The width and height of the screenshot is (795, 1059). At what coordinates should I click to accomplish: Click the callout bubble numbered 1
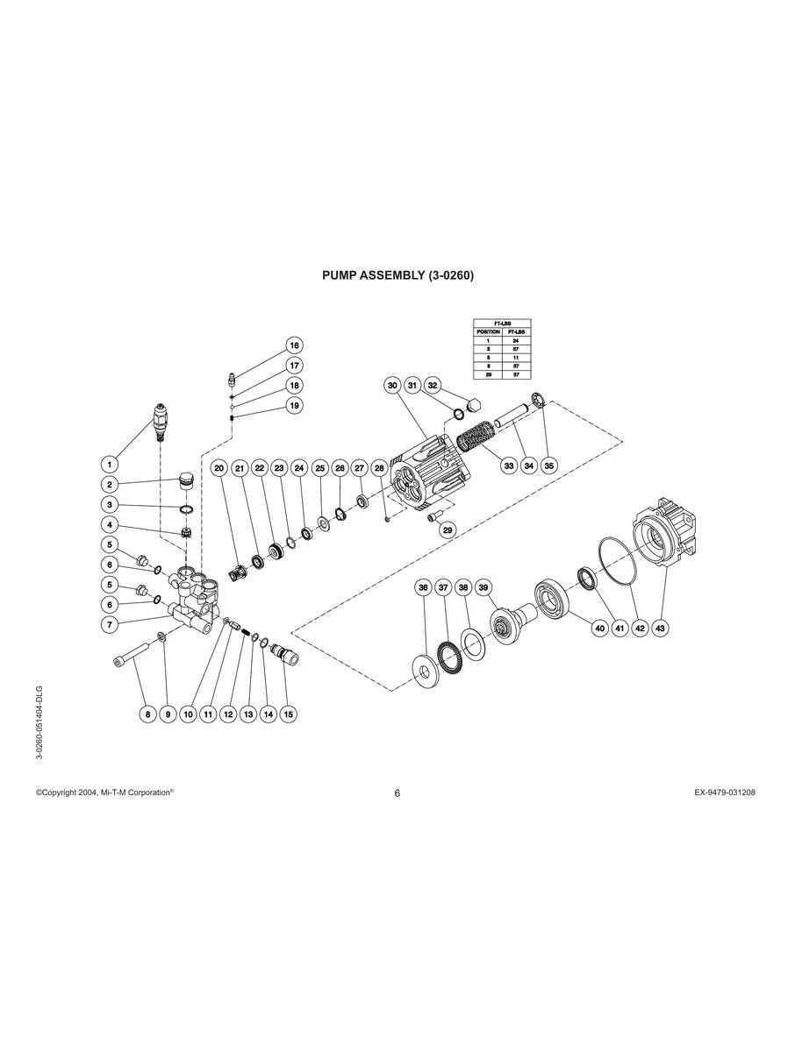coord(111,464)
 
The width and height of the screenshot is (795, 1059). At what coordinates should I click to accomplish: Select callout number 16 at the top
coord(295,345)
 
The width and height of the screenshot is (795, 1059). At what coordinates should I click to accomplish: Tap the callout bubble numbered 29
coord(447,530)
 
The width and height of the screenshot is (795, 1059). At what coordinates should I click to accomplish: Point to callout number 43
coord(661,628)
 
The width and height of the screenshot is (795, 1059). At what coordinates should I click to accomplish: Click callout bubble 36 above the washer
coord(423,587)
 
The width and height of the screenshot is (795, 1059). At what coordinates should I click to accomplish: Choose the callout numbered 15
coord(289,714)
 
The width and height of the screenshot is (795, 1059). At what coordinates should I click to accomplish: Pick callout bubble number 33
coord(509,466)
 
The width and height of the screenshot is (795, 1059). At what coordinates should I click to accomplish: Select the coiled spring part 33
coord(473,436)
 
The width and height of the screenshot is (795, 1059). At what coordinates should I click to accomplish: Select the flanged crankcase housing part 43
coord(666,534)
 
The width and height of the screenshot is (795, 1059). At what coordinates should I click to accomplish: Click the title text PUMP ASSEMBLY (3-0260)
coord(397,275)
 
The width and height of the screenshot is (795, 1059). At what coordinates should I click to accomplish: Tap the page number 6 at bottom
coord(397,793)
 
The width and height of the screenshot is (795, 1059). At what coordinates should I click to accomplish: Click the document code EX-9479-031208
coord(724,792)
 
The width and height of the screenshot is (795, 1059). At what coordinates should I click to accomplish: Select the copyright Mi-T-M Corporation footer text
coord(104,792)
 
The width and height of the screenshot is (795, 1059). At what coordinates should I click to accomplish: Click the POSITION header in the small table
coord(488,332)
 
